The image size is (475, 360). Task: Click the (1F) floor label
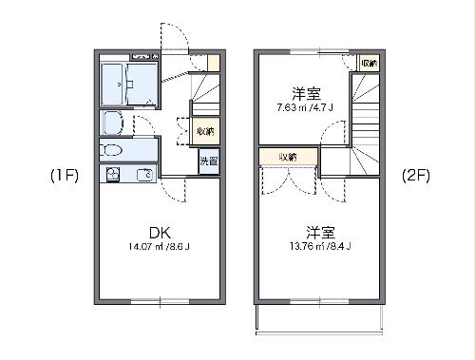point(64,177)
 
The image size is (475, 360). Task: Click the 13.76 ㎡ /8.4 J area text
point(320,248)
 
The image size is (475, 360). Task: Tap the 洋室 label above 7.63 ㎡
point(305,93)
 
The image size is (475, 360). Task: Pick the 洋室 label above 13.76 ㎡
point(320,231)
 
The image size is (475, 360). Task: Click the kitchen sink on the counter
point(144,174)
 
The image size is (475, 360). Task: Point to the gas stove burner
point(113,174)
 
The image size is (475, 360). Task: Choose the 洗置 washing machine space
point(207,161)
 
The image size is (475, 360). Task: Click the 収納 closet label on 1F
point(205,131)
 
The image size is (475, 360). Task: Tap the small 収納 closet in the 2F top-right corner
point(369,63)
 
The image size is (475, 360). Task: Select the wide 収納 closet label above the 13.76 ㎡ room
point(288,157)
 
